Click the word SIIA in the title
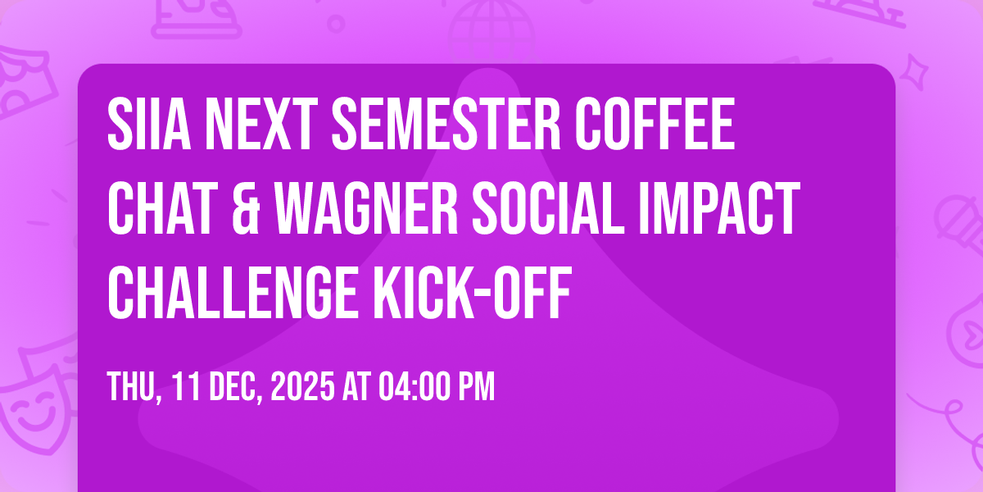(149, 124)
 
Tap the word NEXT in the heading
(262, 124)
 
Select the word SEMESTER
(446, 124)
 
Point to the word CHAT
(163, 207)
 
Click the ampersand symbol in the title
(247, 207)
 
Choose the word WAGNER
(366, 207)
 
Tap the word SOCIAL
(548, 207)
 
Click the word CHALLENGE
(233, 292)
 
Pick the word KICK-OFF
(472, 292)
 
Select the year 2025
(302, 386)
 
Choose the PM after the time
(477, 386)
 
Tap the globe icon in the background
(491, 29)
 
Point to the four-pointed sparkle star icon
(914, 72)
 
